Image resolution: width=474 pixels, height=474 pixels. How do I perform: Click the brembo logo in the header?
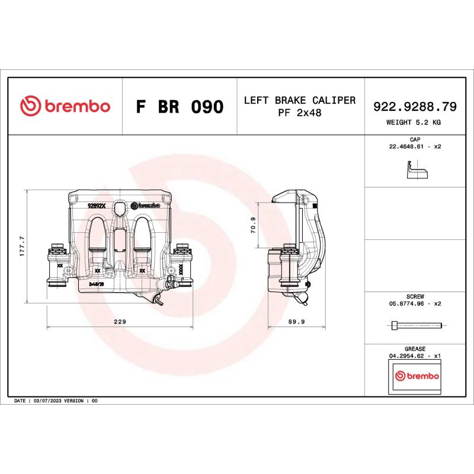[x=65, y=106]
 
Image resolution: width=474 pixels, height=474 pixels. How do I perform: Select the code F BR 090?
[x=180, y=107]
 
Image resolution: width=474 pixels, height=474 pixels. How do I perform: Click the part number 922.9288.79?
[x=414, y=107]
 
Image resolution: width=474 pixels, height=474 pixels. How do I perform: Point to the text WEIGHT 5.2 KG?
[x=414, y=122]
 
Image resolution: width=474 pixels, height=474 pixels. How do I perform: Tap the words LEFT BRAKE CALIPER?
[x=300, y=100]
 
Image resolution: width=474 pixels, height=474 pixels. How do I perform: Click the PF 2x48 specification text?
[x=300, y=113]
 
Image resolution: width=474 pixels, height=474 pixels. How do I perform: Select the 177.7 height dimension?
[x=22, y=246]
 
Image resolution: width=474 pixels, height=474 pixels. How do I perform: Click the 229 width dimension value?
[x=120, y=322]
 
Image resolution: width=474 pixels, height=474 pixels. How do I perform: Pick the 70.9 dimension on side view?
[x=253, y=225]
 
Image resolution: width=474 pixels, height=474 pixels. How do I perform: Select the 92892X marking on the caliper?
[x=96, y=206]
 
